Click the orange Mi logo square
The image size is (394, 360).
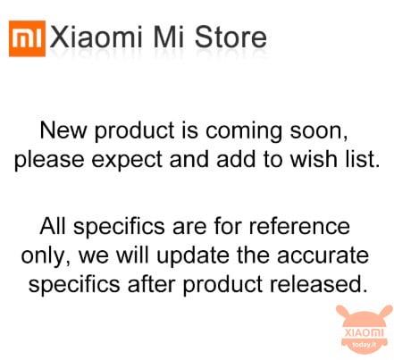click(x=27, y=38)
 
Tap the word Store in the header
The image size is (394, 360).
click(x=231, y=38)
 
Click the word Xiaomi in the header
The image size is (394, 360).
click(x=96, y=38)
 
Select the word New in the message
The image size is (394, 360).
click(x=63, y=130)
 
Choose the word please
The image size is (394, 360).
click(x=49, y=161)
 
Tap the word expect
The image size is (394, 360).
click(x=127, y=161)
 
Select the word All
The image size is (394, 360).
click(x=53, y=226)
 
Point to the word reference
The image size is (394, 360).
click(x=299, y=226)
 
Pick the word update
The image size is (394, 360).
click(x=193, y=257)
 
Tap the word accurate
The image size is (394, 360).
click(x=323, y=255)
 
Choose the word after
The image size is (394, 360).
click(x=151, y=284)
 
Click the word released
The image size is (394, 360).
click(x=318, y=284)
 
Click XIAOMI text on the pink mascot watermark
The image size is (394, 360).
click(x=364, y=332)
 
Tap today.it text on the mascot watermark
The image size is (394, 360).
click(x=365, y=345)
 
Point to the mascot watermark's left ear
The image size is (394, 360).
click(x=344, y=313)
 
